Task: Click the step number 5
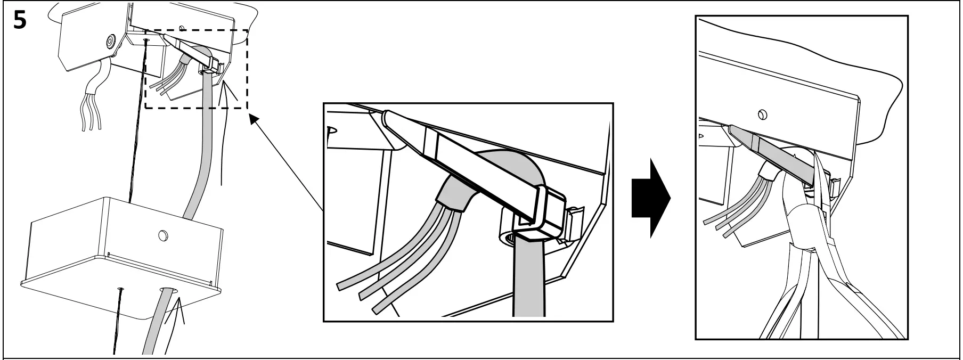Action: click(20, 21)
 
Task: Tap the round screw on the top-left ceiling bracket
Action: click(111, 40)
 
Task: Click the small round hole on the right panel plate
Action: click(762, 114)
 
